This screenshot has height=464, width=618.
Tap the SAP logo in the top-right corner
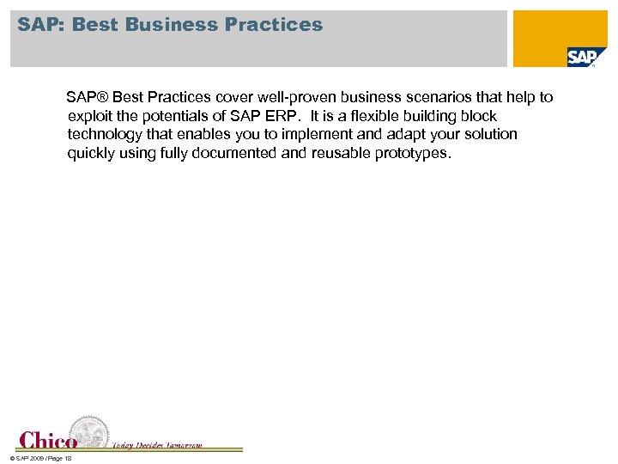point(581,57)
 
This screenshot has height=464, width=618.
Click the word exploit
point(90,116)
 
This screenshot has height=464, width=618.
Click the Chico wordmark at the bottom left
point(48,440)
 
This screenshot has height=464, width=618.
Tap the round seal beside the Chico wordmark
point(89,432)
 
